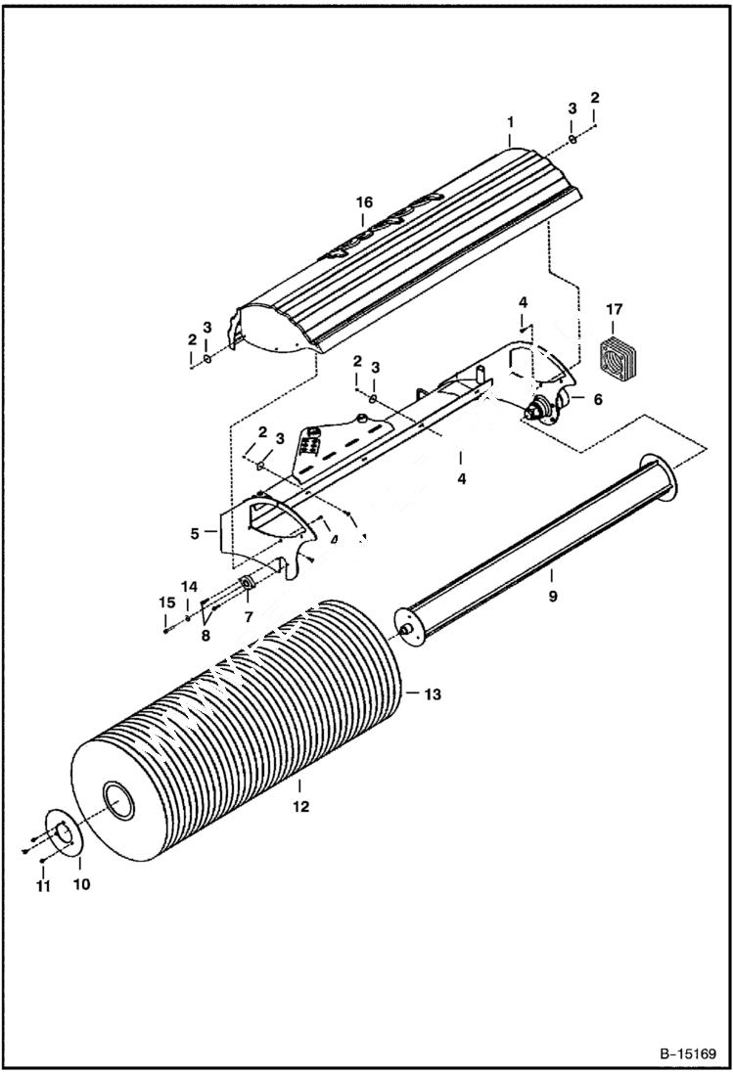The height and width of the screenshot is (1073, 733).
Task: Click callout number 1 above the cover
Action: (x=510, y=123)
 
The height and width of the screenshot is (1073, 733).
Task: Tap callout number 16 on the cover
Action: (x=364, y=202)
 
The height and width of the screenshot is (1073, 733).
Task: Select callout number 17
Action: (x=614, y=311)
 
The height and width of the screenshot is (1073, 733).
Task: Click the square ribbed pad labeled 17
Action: (x=614, y=360)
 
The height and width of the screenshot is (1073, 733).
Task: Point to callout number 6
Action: (x=597, y=399)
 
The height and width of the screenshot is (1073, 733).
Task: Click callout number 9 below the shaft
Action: (x=552, y=596)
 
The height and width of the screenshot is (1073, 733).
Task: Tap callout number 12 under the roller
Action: (x=300, y=807)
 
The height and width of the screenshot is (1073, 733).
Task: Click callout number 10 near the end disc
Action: (x=81, y=884)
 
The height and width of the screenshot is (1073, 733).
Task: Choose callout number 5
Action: (x=195, y=533)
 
